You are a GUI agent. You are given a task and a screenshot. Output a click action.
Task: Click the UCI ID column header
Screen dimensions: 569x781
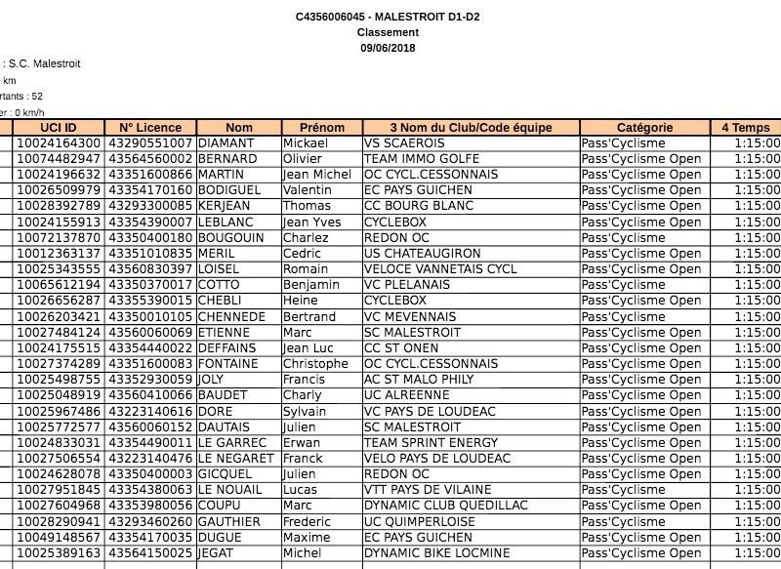(58, 128)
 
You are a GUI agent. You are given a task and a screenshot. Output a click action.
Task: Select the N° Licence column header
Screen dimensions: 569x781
(150, 128)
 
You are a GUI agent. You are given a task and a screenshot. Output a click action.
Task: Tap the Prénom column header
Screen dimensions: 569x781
(322, 128)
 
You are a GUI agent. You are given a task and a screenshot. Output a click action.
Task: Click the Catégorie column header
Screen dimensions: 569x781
(644, 128)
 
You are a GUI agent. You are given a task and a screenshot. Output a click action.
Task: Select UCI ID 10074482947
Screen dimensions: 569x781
(58, 159)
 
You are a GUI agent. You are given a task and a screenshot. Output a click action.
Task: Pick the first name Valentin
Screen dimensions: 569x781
(309, 190)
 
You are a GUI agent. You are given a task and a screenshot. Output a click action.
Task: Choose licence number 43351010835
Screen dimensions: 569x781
(150, 254)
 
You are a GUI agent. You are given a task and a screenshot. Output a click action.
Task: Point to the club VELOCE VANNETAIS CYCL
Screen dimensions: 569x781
(440, 269)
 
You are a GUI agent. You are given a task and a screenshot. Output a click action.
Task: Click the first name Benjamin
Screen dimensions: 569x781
(311, 285)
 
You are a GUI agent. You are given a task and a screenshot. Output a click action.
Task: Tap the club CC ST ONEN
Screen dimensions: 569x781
(399, 348)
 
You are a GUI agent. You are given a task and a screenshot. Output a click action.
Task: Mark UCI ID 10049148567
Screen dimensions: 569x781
(58, 538)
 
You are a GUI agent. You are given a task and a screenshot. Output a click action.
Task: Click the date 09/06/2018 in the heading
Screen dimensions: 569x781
(389, 48)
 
